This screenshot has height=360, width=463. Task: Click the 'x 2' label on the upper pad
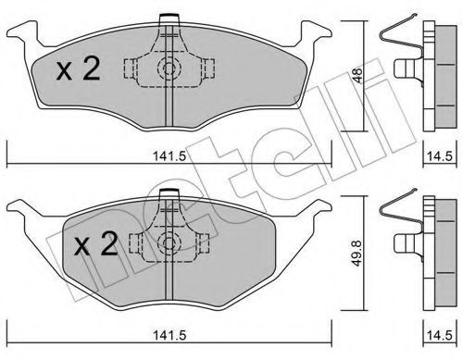point(79,69)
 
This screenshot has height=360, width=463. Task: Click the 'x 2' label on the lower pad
point(96,244)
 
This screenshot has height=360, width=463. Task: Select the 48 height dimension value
point(358,75)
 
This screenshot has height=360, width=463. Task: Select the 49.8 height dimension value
point(358,254)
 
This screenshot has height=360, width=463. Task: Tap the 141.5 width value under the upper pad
point(169,156)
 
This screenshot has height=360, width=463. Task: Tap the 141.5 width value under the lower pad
point(169,335)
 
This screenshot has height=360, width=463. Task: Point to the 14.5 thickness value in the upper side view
point(440,156)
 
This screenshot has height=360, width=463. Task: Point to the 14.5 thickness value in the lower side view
point(440,335)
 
